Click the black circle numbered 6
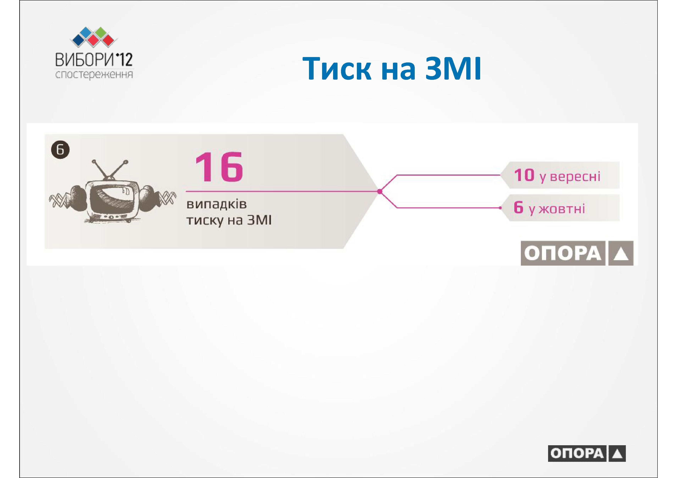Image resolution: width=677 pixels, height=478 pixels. (x=60, y=150)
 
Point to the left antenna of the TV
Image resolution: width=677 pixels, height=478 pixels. (x=100, y=170)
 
